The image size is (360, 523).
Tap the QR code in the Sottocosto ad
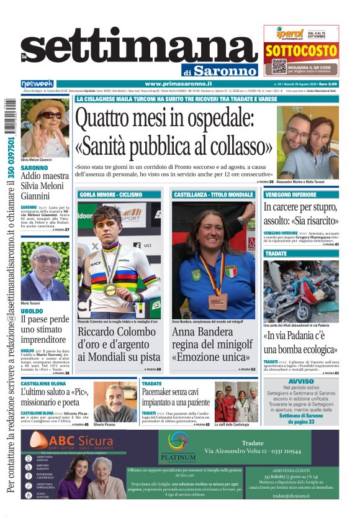(x=279, y=67)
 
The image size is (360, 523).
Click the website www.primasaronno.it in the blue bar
(x=178, y=83)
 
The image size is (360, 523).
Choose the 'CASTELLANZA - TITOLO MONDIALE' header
(x=214, y=194)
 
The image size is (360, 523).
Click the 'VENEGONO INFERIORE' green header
(x=290, y=194)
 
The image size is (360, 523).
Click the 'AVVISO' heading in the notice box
(x=301, y=381)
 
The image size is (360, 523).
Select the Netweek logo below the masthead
(x=37, y=83)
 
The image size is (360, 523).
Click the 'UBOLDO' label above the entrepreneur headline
(x=32, y=311)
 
